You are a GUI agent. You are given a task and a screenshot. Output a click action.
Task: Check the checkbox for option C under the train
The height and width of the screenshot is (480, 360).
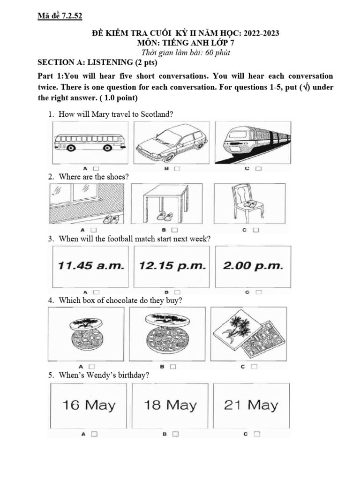click(258, 168)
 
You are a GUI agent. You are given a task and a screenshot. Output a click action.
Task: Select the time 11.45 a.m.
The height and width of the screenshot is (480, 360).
click(91, 266)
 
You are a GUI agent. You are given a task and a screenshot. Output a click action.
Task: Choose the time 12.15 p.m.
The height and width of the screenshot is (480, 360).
click(172, 266)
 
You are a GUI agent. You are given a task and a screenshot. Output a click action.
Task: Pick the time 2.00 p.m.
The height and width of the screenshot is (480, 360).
click(253, 266)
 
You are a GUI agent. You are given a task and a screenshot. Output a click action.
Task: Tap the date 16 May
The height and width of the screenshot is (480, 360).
click(89, 405)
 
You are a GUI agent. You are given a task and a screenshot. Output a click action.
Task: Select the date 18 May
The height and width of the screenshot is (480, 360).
click(170, 405)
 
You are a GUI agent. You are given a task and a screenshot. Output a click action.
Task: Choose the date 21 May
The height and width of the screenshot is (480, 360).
click(251, 405)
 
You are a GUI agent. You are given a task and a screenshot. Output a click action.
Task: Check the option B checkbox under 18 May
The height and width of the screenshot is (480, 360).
click(176, 434)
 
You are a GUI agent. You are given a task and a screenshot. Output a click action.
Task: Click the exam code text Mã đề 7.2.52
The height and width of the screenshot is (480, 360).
click(60, 17)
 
